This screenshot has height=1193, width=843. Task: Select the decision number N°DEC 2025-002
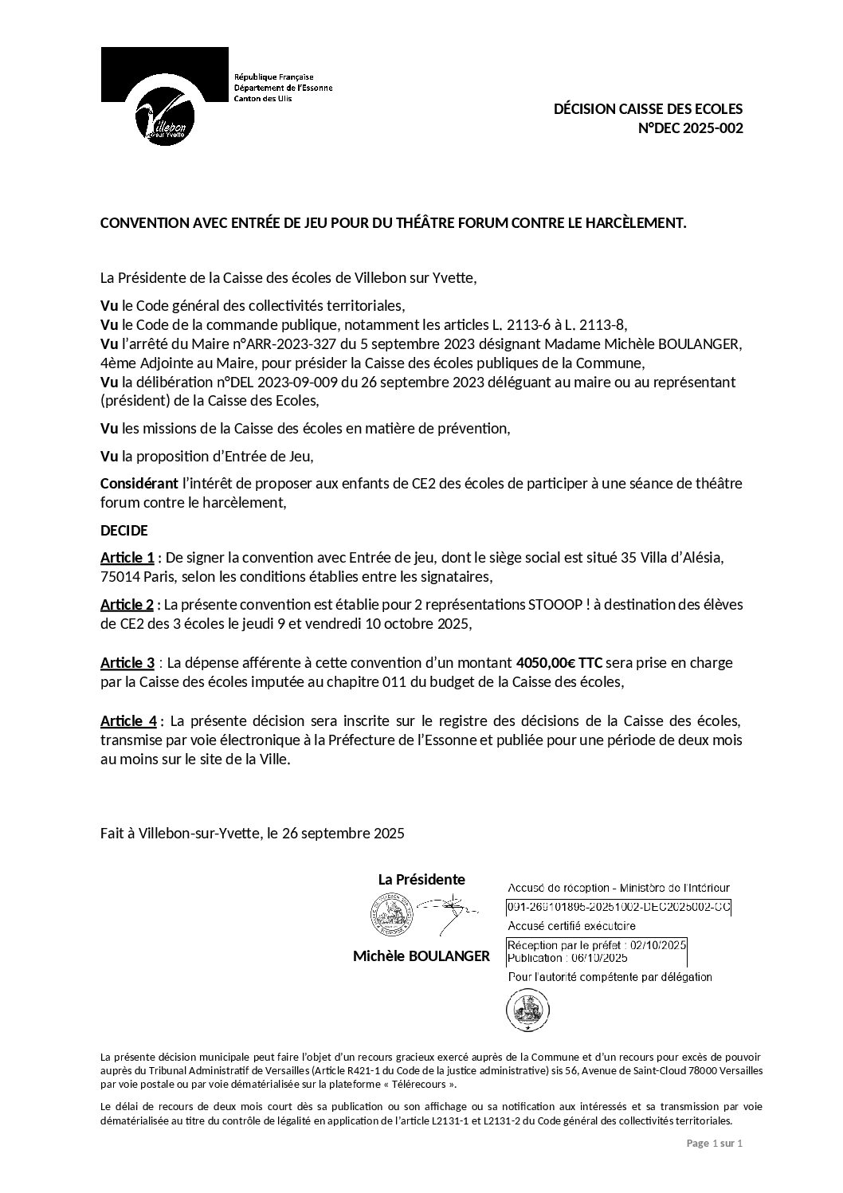click(691, 128)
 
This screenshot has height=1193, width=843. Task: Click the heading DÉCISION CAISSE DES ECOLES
click(648, 109)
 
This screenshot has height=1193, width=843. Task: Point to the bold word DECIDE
click(124, 530)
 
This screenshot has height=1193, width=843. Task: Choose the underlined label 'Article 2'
click(127, 605)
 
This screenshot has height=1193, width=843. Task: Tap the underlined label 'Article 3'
click(127, 663)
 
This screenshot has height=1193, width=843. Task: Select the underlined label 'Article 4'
click(128, 721)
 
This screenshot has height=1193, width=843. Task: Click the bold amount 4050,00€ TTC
click(559, 663)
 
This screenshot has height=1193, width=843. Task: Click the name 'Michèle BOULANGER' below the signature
click(421, 956)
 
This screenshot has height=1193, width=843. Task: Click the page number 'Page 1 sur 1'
click(714, 1144)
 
